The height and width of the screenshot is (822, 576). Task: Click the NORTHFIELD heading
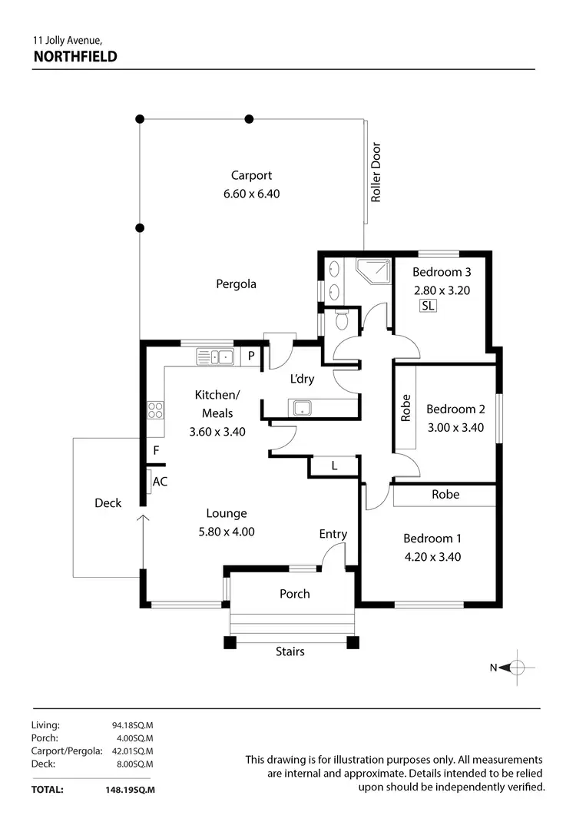pos(74,56)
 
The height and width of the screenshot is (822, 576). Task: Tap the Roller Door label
pos(376,173)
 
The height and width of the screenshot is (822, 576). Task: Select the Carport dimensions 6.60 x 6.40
pos(251,194)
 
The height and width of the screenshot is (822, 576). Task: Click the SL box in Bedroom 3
pos(428,306)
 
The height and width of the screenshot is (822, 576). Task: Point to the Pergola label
pos(236,284)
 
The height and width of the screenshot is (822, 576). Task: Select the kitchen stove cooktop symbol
pos(156,410)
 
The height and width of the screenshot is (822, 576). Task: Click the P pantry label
pos(250,356)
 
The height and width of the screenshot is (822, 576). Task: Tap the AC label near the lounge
pos(160,482)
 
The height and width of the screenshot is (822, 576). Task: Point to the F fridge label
pos(156,451)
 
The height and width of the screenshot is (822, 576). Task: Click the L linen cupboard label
pos(334,466)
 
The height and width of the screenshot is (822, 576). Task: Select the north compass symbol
pos(517,667)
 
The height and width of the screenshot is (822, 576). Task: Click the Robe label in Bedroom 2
pos(406,408)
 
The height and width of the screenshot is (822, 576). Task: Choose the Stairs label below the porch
pos(290,651)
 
